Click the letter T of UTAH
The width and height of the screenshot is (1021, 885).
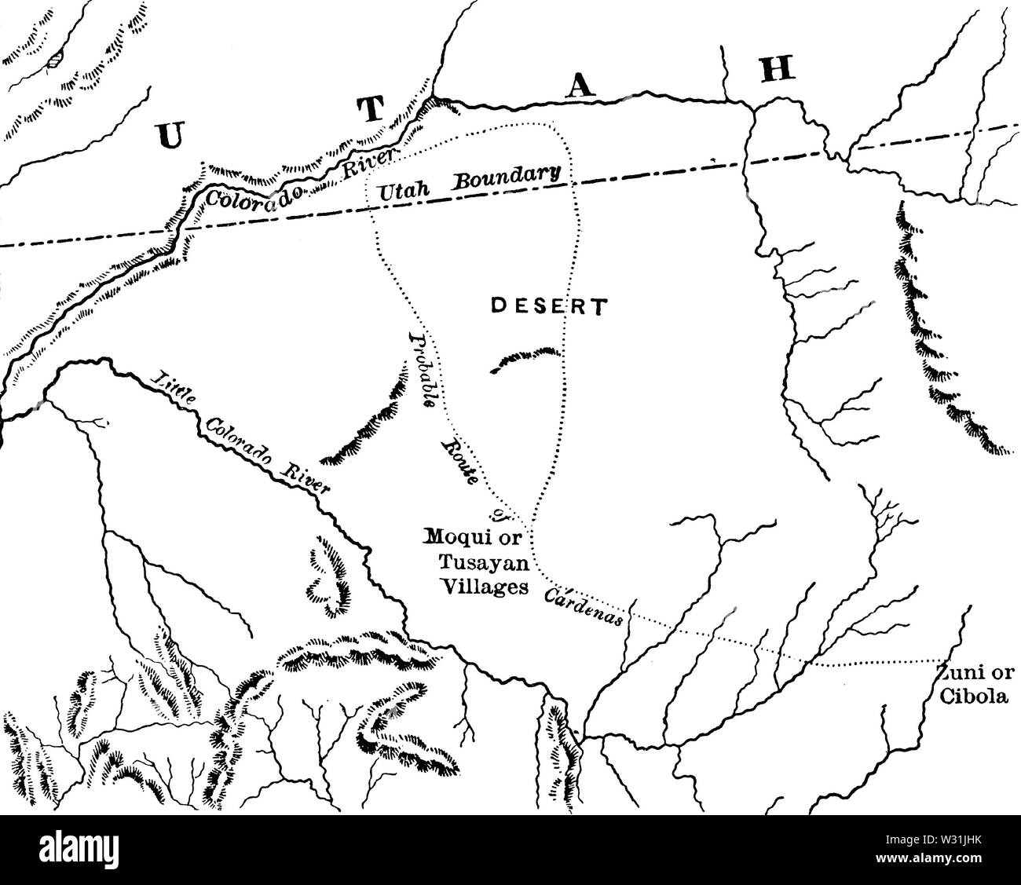click(373, 111)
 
